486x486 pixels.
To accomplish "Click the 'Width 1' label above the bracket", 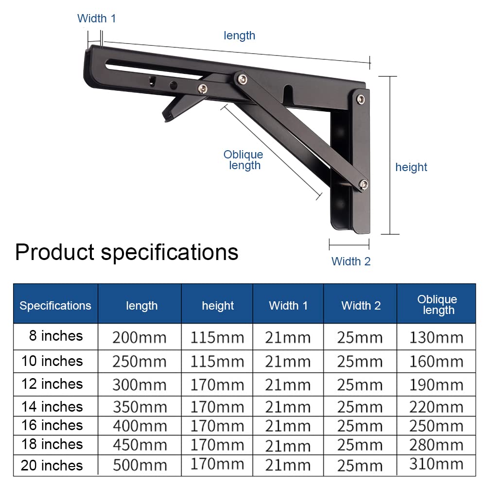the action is point(96,18).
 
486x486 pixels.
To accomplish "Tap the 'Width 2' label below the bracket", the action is point(351,261).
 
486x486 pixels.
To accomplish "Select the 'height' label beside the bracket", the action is point(411,167).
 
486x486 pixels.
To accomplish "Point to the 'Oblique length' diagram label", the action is point(243,159).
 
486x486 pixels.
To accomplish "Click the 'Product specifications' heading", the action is point(127,252).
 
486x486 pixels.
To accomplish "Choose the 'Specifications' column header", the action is point(55,306).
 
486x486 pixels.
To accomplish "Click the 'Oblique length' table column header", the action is point(437,304).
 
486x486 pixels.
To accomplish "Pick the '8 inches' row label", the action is point(56,336).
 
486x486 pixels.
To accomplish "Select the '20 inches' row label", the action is point(52,465).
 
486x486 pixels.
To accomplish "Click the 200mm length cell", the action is point(139,338).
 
